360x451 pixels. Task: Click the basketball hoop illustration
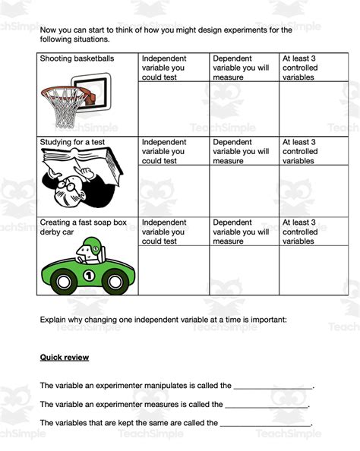coord(76,99)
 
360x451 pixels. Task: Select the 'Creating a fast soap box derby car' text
coord(84,227)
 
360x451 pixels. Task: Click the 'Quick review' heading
coord(64,358)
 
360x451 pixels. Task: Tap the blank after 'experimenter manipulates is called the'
coord(273,386)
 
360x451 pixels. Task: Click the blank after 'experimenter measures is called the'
coord(267,405)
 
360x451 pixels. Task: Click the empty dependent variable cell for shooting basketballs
coord(244,108)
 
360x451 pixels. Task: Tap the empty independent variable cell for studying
coord(173,190)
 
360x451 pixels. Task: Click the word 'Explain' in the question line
coord(54,320)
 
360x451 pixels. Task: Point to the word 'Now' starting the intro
coord(49,30)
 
